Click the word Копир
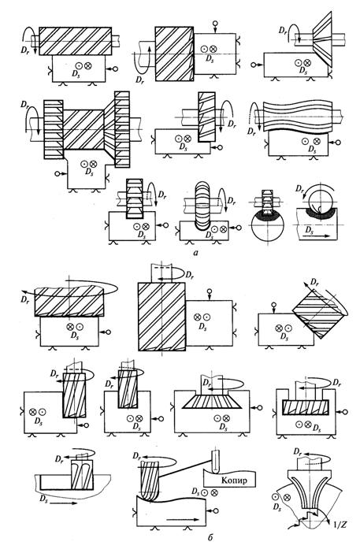pos(234,480)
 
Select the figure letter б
pos(210,537)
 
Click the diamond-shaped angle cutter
pos(316,309)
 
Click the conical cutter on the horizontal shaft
pos(322,39)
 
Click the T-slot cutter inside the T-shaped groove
pos(306,407)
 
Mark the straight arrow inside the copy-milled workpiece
pos(180,519)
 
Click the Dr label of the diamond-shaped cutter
pos(315,281)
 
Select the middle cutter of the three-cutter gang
pos(84,129)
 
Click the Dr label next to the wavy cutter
pos(251,132)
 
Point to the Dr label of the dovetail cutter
pos(207,382)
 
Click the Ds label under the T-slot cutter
pos(317,428)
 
